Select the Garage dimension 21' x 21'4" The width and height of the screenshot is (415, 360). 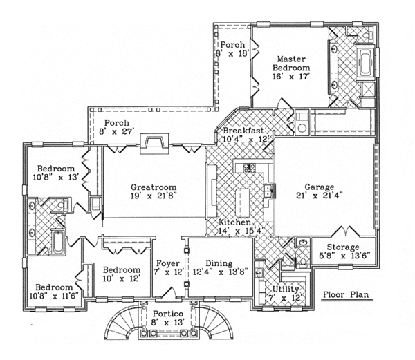click(318, 197)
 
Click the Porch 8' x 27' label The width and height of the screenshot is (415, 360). click(116, 122)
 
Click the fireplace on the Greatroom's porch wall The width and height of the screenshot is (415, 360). click(151, 142)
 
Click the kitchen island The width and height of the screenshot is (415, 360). click(242, 201)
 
